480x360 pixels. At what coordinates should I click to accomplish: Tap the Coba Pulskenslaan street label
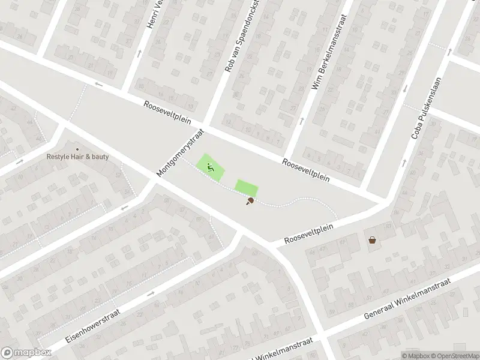tap(426, 108)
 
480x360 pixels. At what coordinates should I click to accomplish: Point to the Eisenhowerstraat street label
tap(93, 325)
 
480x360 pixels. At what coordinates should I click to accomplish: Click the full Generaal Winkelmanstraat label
tap(407, 307)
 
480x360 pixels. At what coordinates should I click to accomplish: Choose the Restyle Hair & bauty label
tap(77, 157)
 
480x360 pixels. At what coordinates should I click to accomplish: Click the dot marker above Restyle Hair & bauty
tap(77, 149)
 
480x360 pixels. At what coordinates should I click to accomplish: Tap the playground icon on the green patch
tap(210, 168)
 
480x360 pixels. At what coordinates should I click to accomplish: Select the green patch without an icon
tap(245, 188)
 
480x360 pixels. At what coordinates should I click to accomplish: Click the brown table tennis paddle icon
tap(249, 201)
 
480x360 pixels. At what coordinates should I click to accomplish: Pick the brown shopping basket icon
tap(373, 240)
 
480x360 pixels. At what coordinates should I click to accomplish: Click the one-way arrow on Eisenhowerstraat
tap(150, 293)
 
